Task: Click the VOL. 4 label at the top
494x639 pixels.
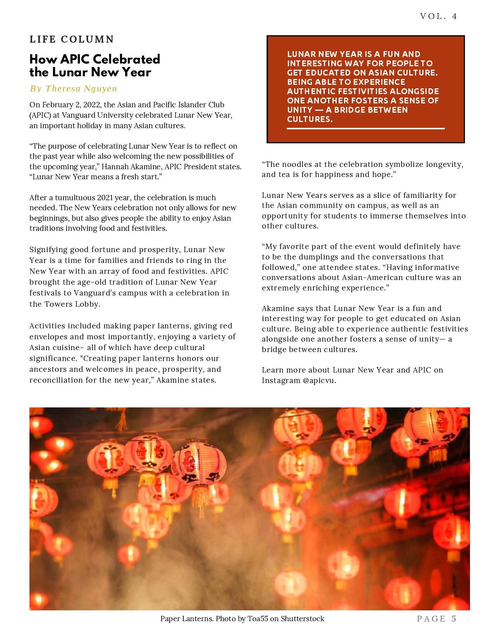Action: (438, 16)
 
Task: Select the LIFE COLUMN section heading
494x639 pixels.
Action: (72, 40)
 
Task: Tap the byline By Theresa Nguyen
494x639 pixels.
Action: (74, 89)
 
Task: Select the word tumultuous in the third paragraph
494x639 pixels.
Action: (74, 198)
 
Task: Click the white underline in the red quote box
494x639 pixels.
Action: (365, 128)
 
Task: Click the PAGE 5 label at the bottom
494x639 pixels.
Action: (437, 619)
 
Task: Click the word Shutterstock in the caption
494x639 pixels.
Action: (302, 619)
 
